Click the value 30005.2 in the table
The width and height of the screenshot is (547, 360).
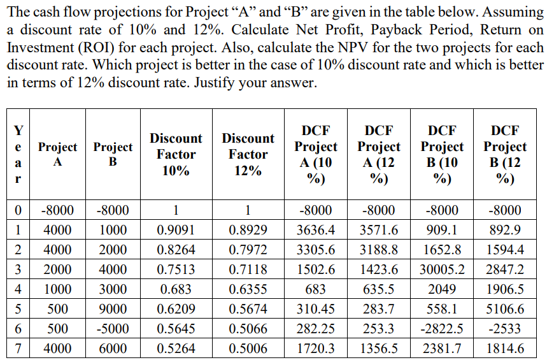click(x=443, y=270)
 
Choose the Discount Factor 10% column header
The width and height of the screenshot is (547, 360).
click(x=176, y=154)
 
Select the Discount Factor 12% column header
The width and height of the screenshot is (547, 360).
click(x=248, y=154)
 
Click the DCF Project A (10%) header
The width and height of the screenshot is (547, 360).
click(x=316, y=154)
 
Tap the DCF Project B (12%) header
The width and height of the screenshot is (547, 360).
click(x=504, y=154)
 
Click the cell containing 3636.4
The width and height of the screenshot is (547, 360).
click(x=316, y=230)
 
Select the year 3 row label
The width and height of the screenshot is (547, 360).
click(x=19, y=270)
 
